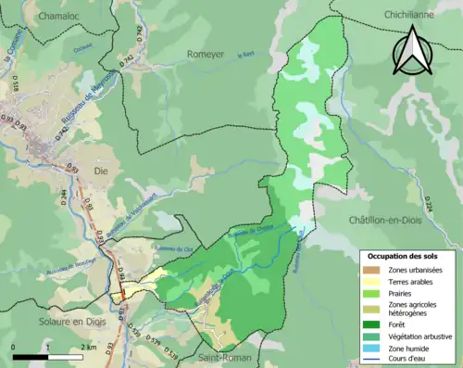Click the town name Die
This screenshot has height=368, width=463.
point(102,171)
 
